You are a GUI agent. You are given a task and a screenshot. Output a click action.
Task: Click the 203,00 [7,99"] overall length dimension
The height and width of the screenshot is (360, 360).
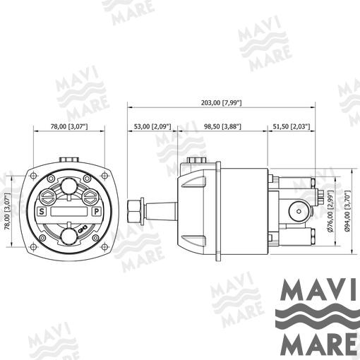click(222, 103)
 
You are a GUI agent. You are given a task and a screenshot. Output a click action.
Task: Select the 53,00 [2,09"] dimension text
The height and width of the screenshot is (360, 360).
click(152, 126)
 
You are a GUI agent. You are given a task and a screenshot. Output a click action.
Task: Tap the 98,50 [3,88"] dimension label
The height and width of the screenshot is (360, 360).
click(222, 126)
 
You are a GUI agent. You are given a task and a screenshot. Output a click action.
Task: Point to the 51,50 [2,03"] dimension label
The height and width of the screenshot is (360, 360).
click(292, 126)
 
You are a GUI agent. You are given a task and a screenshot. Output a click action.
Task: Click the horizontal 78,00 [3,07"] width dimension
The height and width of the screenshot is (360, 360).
click(69, 126)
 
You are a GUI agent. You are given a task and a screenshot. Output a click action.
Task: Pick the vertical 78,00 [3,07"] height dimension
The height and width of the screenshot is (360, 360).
click(8, 211)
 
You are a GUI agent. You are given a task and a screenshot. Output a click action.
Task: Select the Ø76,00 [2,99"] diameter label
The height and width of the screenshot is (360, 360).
click(330, 211)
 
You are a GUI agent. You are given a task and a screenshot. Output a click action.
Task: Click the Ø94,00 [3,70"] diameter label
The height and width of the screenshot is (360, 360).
click(348, 211)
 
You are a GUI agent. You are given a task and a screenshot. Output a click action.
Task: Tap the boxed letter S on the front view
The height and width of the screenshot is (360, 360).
click(42, 212)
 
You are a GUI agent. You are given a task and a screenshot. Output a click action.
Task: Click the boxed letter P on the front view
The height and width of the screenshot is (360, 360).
click(96, 212)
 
